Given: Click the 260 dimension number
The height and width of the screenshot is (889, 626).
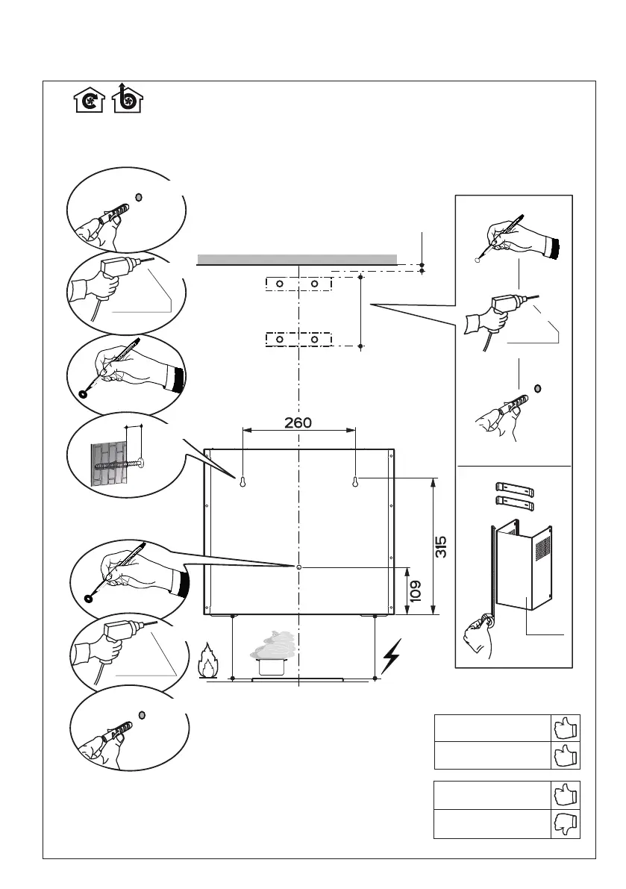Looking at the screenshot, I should (x=298, y=422).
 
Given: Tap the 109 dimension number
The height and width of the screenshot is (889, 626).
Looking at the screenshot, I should (x=416, y=590).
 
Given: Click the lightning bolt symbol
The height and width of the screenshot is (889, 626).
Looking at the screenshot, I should (x=392, y=657).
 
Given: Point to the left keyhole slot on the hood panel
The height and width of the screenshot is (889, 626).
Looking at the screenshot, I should (x=242, y=482).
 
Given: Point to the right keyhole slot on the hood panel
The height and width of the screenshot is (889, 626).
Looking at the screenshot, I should (x=356, y=482).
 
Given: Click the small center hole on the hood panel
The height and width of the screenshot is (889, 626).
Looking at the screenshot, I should (x=298, y=567).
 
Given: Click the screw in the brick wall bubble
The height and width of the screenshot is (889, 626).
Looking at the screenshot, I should (x=119, y=464).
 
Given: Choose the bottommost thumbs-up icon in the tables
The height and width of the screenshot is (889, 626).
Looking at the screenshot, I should (x=566, y=823).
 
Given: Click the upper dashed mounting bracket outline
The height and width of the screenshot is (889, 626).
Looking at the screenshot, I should (x=297, y=284).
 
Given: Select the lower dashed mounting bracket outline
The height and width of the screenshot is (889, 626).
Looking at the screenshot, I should (x=297, y=339).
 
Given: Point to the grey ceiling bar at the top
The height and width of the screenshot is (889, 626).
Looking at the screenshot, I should (x=296, y=259).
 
